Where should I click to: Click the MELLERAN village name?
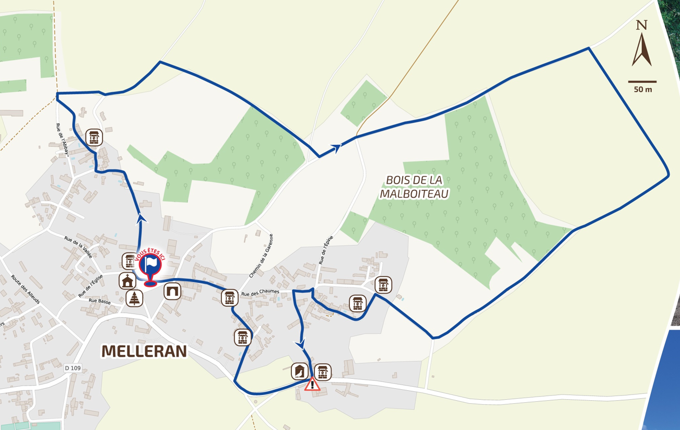[144, 351]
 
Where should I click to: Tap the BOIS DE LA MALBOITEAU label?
[415, 187]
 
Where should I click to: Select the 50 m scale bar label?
[643, 89]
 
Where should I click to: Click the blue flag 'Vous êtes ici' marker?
[150, 266]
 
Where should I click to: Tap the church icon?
[127, 281]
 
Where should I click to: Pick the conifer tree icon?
[135, 298]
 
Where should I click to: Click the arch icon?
[172, 291]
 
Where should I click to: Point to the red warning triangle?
[312, 385]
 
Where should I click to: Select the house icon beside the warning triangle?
[299, 371]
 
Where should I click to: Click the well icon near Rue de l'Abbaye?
[94, 137]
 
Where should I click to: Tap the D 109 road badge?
[73, 368]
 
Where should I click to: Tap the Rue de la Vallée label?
[78, 246]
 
